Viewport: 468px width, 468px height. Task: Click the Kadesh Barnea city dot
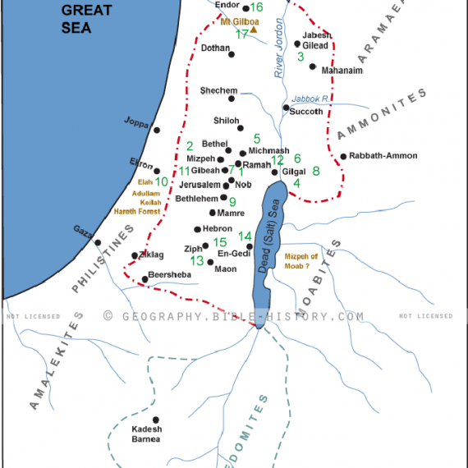point(156,420)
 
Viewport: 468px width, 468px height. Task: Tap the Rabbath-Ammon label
point(383,156)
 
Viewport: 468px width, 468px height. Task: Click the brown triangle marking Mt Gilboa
point(255,30)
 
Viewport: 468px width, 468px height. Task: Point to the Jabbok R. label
point(312,98)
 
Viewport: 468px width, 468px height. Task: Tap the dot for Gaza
point(97,242)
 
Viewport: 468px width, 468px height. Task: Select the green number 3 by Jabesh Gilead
point(301,57)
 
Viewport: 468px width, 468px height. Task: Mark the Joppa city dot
point(156,130)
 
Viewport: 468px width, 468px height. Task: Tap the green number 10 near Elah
point(162,181)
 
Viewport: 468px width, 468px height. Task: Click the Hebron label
point(218,229)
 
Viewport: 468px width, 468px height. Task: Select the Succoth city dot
point(285,108)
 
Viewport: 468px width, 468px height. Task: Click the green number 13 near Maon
point(197,260)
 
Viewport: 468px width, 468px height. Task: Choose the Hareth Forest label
point(135,211)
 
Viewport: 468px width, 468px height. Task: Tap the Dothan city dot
point(232,54)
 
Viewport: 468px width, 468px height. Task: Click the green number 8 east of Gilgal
point(315,171)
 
